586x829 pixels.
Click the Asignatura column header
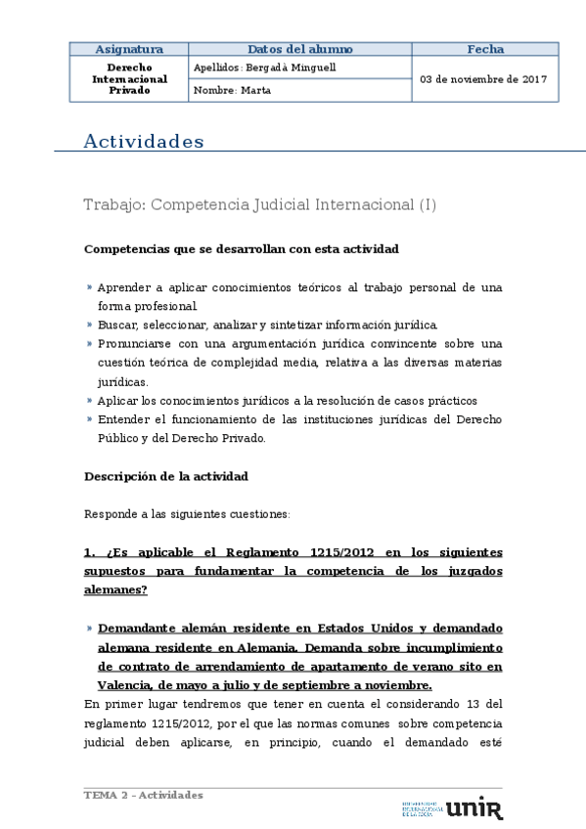click(128, 49)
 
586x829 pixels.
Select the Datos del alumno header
click(299, 49)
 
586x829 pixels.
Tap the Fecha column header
click(485, 49)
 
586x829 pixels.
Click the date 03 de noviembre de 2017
click(483, 79)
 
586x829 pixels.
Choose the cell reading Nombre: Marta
click(233, 90)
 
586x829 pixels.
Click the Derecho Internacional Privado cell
click(128, 79)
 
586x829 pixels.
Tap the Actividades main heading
click(144, 142)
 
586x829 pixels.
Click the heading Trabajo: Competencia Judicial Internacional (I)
click(260, 205)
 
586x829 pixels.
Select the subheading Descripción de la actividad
click(166, 476)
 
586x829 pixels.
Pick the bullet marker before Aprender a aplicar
click(89, 287)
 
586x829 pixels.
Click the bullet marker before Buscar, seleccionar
click(89, 325)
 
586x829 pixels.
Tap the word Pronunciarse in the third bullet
click(134, 343)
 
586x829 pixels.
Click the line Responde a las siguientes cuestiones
click(187, 513)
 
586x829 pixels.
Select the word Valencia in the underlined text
click(123, 684)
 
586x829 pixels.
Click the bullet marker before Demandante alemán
click(89, 629)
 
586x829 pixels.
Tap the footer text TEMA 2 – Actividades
click(144, 795)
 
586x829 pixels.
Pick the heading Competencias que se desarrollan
click(242, 249)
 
